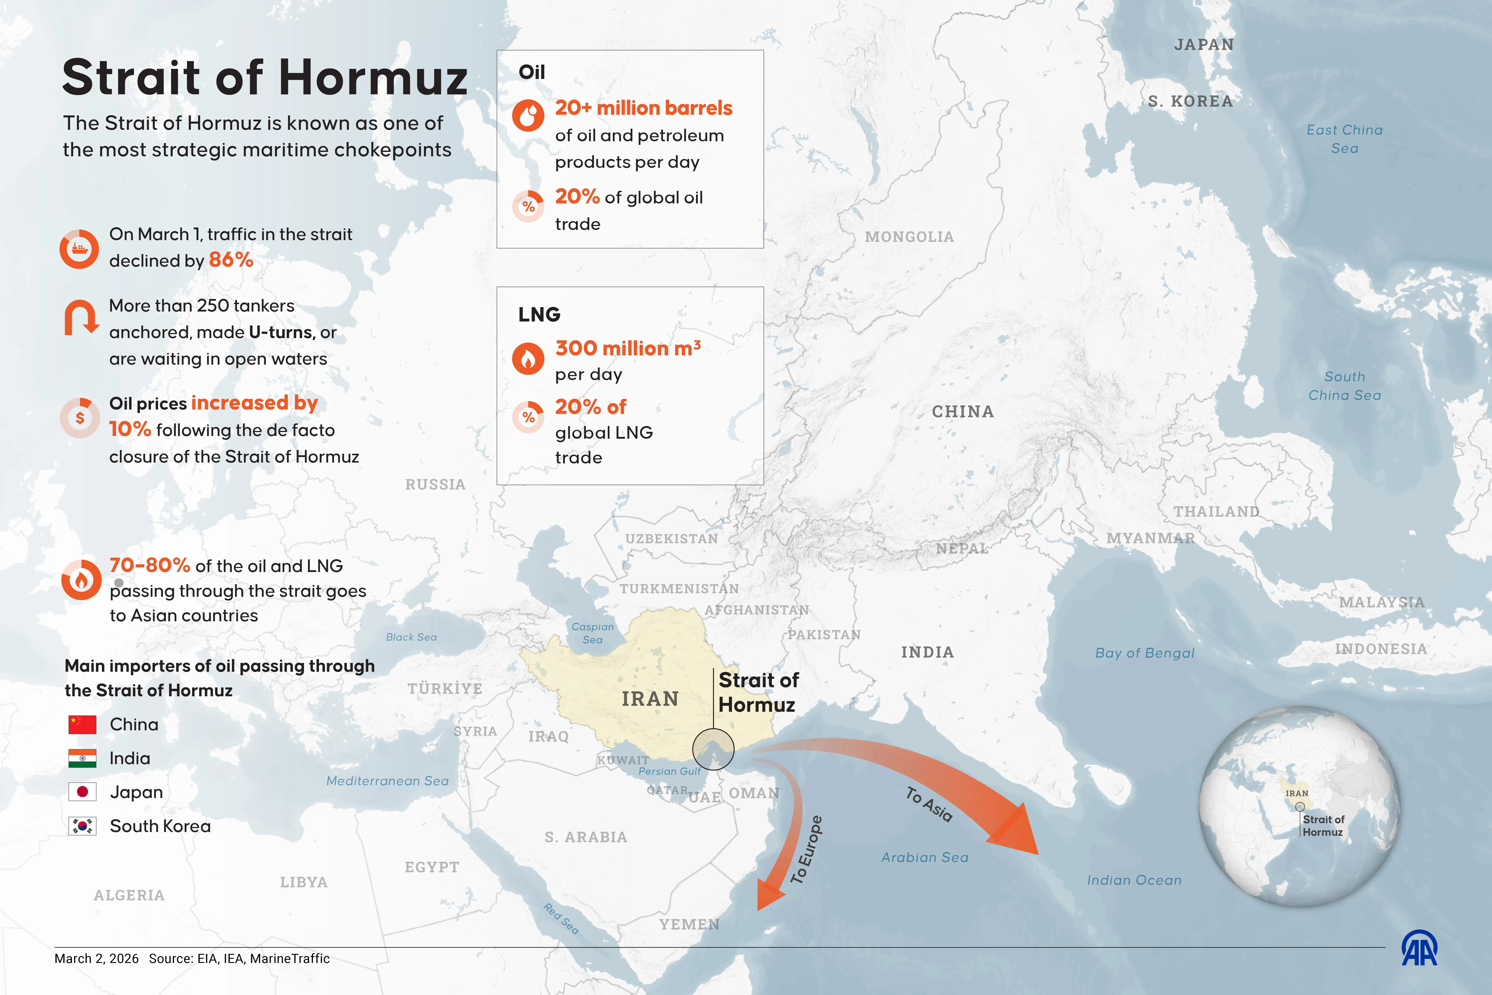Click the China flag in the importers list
click(x=82, y=724)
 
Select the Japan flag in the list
click(x=82, y=792)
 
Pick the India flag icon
click(x=82, y=758)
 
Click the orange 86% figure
click(x=231, y=260)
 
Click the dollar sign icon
click(x=80, y=417)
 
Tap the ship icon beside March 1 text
click(x=79, y=249)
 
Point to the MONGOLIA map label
click(x=909, y=237)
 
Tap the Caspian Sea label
click(x=592, y=633)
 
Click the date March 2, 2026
click(x=96, y=958)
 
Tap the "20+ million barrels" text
click(x=643, y=108)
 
